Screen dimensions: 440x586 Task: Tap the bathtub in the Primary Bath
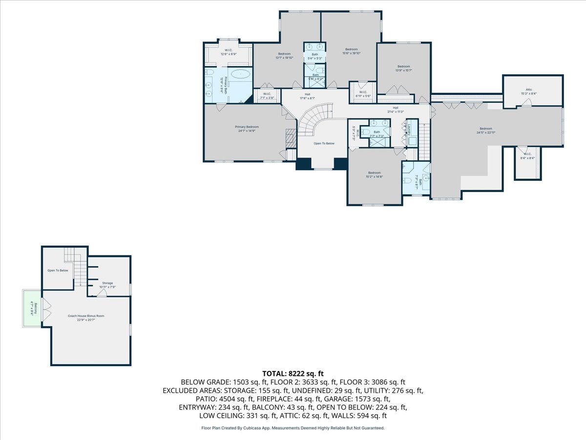point(240,75)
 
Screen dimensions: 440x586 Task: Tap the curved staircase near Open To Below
point(313,122)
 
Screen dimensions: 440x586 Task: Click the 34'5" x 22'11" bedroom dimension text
point(486,132)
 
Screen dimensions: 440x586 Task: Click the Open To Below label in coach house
point(58,270)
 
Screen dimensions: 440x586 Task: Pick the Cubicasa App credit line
point(293,428)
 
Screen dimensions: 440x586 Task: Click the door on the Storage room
point(102,293)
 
